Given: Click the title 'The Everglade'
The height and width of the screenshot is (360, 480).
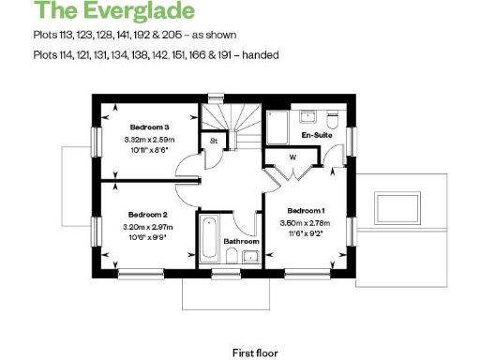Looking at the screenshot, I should pyautogui.click(x=114, y=11).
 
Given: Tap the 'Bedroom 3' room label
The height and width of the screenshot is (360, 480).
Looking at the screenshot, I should pyautogui.click(x=149, y=127).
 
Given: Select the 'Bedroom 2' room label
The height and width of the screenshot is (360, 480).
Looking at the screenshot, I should pyautogui.click(x=147, y=214).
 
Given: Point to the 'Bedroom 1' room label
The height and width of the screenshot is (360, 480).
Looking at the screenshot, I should pyautogui.click(x=307, y=210).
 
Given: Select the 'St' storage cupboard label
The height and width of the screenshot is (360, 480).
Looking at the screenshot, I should pyautogui.click(x=213, y=142).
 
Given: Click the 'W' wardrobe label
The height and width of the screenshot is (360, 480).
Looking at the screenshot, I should pyautogui.click(x=292, y=157).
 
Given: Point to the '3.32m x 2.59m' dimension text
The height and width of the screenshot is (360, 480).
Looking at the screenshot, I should pyautogui.click(x=149, y=139).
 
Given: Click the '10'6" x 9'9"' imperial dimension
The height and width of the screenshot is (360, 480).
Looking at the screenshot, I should pyautogui.click(x=147, y=237).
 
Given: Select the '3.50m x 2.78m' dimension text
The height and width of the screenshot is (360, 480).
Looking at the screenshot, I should pyautogui.click(x=307, y=223).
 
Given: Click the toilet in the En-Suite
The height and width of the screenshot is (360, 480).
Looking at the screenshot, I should pyautogui.click(x=332, y=120).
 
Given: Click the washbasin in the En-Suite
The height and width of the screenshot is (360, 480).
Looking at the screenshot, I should pyautogui.click(x=307, y=115).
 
